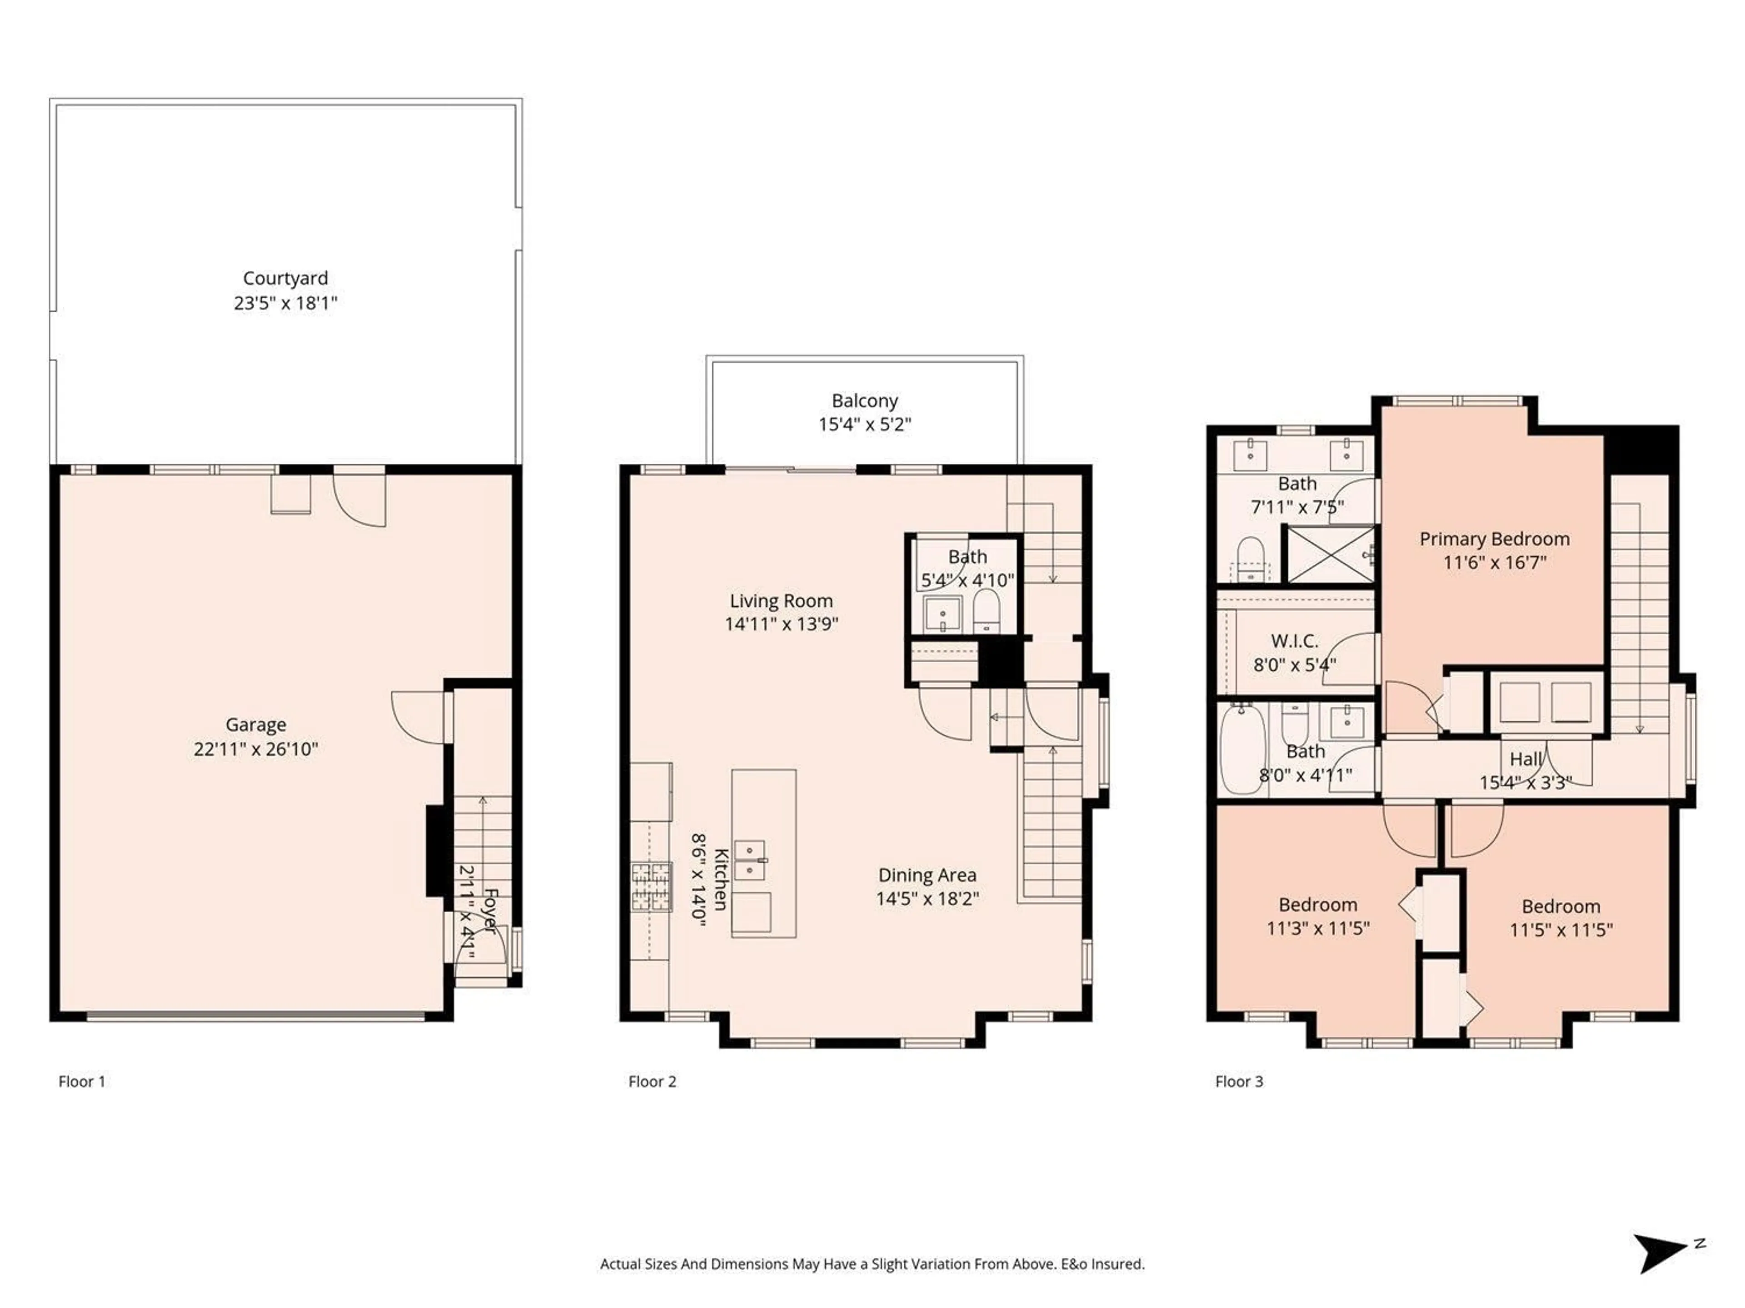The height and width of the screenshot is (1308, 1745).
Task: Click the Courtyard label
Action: tap(285, 278)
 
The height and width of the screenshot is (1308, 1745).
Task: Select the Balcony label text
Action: tap(865, 401)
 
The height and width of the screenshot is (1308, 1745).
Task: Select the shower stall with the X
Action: tap(1330, 554)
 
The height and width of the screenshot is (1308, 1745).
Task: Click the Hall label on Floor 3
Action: tap(1525, 759)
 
